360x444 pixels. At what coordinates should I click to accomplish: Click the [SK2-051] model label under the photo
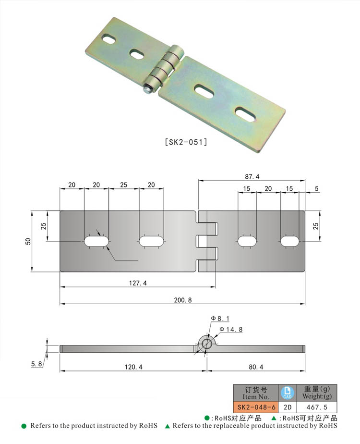[x=186, y=142]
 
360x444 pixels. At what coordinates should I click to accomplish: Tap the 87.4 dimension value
[x=252, y=177]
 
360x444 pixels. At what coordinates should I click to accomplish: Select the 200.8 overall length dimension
[x=183, y=300]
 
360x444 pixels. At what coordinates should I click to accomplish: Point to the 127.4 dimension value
[x=138, y=283]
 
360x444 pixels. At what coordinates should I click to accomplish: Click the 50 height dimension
[x=28, y=241]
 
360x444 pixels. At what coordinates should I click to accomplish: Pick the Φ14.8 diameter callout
[x=231, y=329]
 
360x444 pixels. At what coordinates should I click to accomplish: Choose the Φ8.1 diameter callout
[x=220, y=319]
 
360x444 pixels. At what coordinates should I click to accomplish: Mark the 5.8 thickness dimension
[x=36, y=364]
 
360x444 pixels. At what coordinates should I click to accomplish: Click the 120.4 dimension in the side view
[x=133, y=367]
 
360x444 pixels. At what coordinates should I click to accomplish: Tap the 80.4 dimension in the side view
[x=256, y=367]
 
